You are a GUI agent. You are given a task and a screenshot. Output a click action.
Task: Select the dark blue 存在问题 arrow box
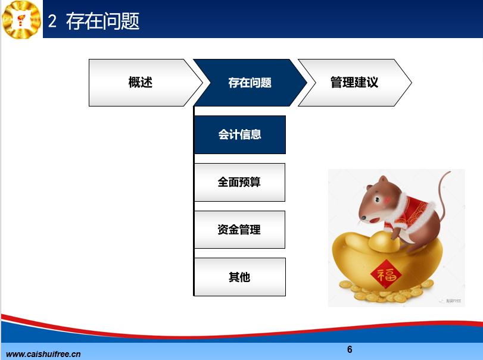[x=250, y=83]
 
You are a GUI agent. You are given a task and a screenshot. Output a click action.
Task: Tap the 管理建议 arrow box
[x=354, y=83]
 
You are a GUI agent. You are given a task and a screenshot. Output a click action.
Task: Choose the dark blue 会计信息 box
[x=240, y=134]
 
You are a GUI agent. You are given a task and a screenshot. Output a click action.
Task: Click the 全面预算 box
[x=239, y=182]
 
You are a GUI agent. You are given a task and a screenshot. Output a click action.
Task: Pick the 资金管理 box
[x=239, y=230]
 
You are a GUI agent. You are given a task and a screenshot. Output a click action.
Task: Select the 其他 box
[x=240, y=277]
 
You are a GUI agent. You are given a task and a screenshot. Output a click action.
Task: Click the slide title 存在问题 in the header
[x=102, y=21]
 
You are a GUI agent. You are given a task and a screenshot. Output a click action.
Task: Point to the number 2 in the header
[x=52, y=21]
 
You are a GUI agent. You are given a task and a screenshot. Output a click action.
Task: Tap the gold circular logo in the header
[x=21, y=20]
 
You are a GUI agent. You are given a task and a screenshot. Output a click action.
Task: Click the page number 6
[x=350, y=349]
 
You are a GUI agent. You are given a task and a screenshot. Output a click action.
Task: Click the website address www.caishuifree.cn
[x=43, y=354]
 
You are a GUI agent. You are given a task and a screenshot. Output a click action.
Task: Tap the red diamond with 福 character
[x=386, y=274]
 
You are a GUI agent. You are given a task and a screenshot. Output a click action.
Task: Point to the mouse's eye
[x=377, y=199]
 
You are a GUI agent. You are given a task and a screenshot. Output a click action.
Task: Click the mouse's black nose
[x=363, y=217]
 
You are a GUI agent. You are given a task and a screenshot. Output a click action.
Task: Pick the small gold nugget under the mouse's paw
[x=384, y=242]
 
